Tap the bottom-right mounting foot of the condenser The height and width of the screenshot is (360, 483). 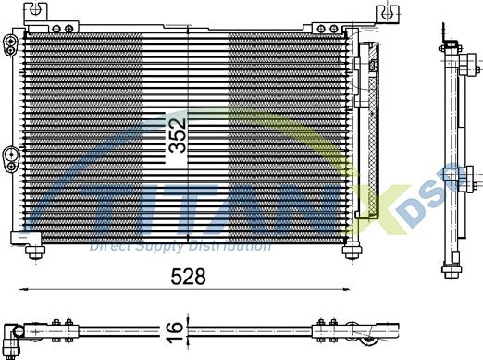tap(353, 251)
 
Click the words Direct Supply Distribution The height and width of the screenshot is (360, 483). tap(180, 246)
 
